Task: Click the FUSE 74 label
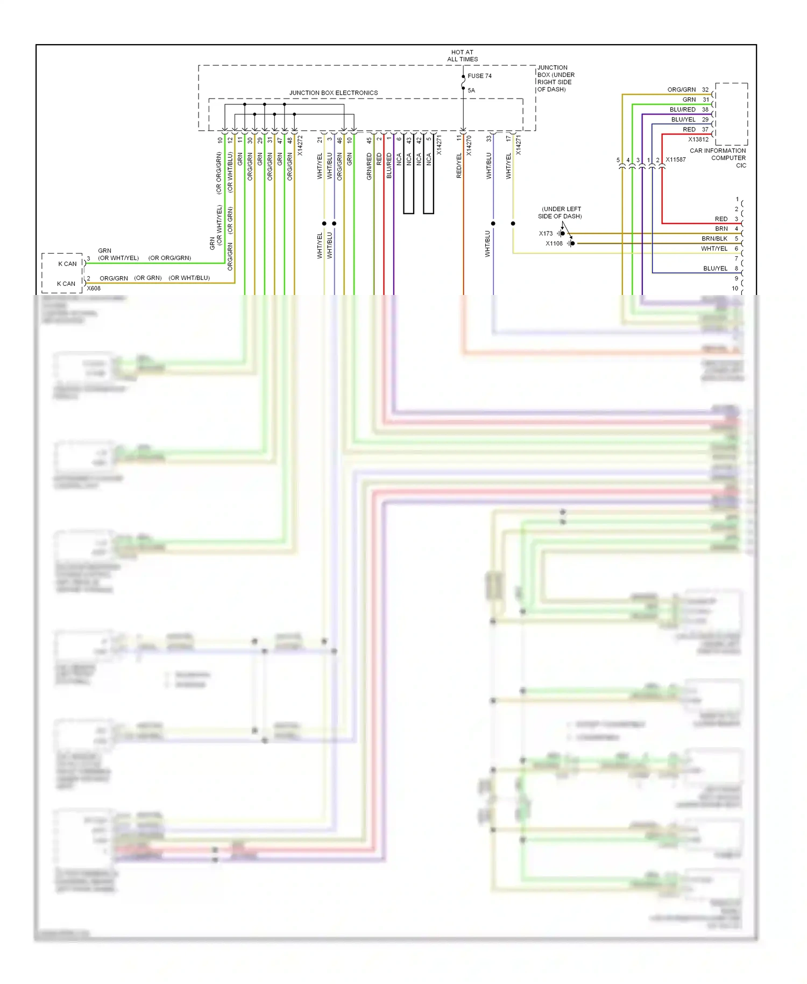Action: [479, 76]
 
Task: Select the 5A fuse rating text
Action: [471, 90]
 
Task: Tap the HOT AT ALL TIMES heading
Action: [462, 56]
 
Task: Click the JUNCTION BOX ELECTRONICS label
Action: [333, 93]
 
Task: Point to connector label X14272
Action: [300, 145]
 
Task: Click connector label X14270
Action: [469, 145]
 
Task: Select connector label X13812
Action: [698, 139]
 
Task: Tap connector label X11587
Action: [675, 160]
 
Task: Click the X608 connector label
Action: [94, 289]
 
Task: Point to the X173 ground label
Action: [546, 234]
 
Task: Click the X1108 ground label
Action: [554, 243]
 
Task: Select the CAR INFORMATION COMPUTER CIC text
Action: [718, 158]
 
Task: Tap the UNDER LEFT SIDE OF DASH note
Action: [560, 213]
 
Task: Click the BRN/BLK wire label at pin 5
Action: [714, 238]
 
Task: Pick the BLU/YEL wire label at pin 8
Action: [715, 268]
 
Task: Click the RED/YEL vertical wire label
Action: [459, 166]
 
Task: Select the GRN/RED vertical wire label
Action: [369, 166]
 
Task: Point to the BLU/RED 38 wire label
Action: [682, 109]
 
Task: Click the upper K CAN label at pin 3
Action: [67, 264]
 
